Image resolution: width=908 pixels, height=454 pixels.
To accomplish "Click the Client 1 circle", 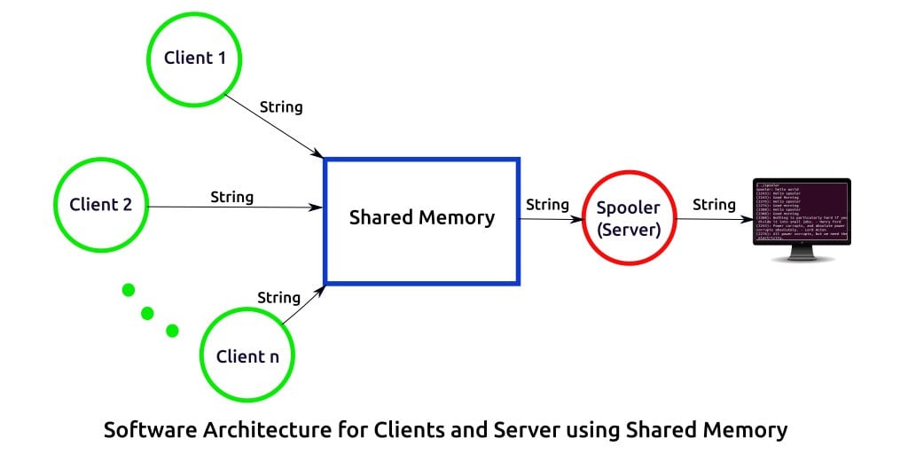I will tap(195, 59).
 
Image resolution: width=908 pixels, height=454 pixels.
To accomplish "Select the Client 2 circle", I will tap(101, 205).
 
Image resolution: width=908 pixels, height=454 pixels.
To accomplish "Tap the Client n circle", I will tap(247, 356).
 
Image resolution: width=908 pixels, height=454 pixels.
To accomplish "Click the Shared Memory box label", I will tap(422, 218).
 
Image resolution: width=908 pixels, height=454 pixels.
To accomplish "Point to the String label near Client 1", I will tap(281, 107).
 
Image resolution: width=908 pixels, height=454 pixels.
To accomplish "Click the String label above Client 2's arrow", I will tap(231, 197).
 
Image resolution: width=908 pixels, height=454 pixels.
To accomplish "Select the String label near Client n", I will tap(278, 297).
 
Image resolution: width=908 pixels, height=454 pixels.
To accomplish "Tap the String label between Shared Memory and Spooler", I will tap(547, 205).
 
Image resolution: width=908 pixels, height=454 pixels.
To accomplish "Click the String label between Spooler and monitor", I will tap(714, 205).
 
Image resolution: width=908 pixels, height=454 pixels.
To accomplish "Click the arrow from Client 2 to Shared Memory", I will tap(235, 207).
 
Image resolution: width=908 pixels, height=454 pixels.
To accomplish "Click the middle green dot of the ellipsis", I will tap(147, 312).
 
